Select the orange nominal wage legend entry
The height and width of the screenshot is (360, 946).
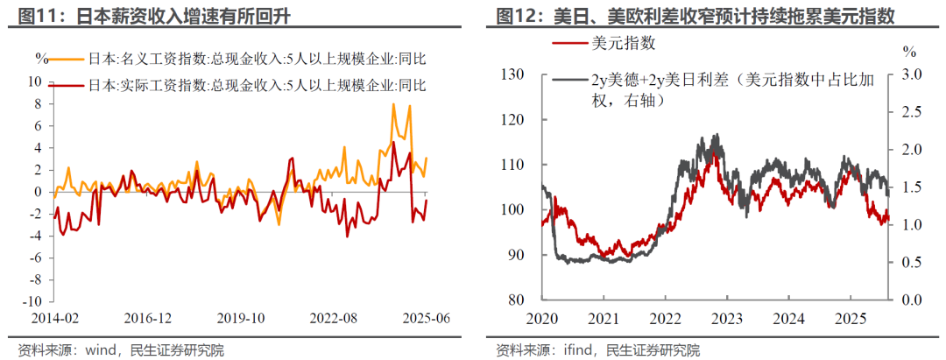coord(254,60)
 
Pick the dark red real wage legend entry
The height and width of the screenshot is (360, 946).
coord(254,85)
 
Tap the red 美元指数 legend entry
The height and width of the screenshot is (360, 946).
coord(623,43)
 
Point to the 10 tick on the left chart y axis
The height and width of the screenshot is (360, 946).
coord(37,81)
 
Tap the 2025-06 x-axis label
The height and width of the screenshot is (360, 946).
coord(427,317)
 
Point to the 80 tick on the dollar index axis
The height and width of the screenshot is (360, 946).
coord(514,300)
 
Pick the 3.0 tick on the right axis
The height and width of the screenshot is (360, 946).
coord(911,74)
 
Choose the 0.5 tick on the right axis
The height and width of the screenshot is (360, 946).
coord(911,262)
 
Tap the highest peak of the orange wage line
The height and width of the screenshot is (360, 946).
coord(393,104)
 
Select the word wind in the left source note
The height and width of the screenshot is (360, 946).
coord(101,350)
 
